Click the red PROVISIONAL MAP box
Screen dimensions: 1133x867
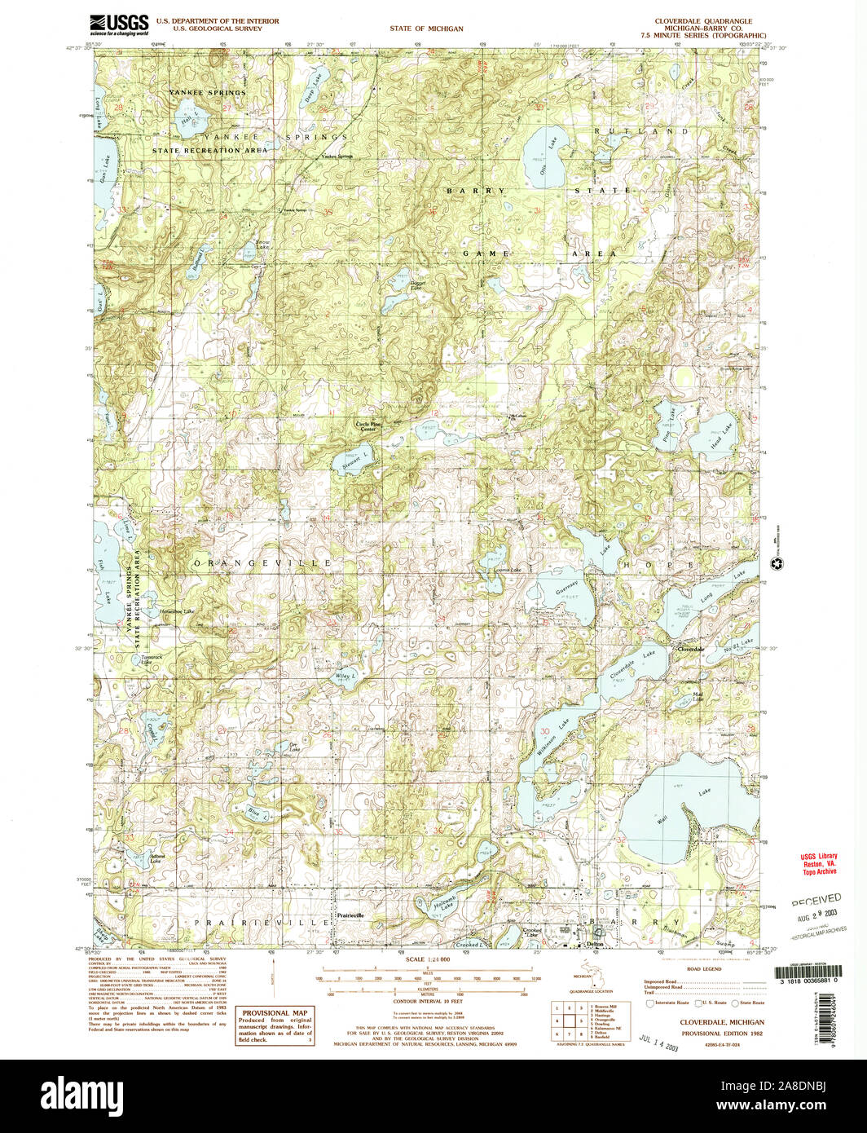(x=275, y=1026)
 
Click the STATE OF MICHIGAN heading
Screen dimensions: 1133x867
(x=426, y=29)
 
